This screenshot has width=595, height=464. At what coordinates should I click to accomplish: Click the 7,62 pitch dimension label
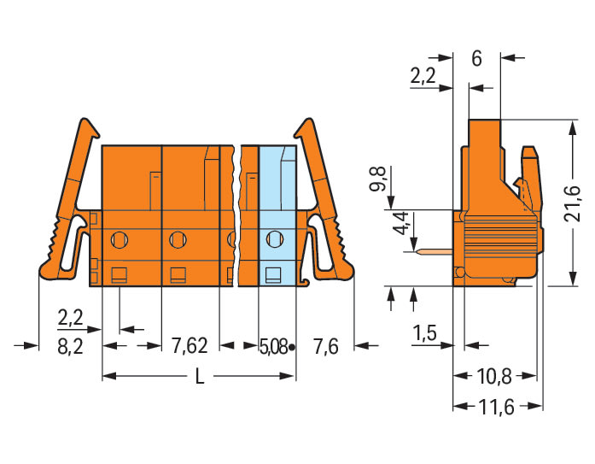pos(190,346)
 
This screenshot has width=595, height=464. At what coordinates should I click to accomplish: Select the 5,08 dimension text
pos(273,347)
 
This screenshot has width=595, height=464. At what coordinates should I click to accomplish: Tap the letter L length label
pos(200,377)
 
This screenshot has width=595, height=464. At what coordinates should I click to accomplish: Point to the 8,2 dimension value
pos(70,347)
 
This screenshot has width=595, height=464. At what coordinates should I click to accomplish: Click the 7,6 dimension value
pos(325,346)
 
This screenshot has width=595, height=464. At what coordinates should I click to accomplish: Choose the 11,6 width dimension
pos(496,407)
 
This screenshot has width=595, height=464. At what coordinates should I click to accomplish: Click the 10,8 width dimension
pos(494,377)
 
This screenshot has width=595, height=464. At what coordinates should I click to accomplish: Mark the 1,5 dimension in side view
pos(424,333)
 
